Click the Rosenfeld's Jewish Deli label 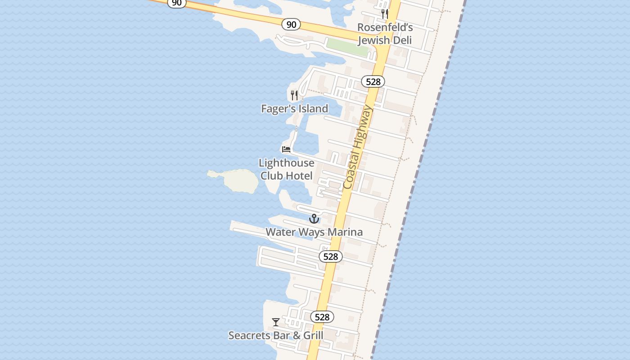[385, 34]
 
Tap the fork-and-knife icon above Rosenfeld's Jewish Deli [385, 14]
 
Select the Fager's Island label [295, 108]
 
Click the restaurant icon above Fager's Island [294, 95]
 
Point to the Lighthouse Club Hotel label [286, 169]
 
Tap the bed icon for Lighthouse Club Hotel [286, 149]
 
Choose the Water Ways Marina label [314, 232]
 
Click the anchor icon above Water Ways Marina [314, 219]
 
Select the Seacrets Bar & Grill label [276, 335]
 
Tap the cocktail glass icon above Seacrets [276, 322]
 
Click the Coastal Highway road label [358, 147]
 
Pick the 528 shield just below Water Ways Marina [331, 256]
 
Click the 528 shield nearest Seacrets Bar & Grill [322, 317]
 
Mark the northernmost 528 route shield [373, 81]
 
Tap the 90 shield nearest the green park [291, 24]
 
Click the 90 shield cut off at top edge [176, 3]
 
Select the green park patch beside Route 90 [348, 47]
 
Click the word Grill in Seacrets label [313, 335]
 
